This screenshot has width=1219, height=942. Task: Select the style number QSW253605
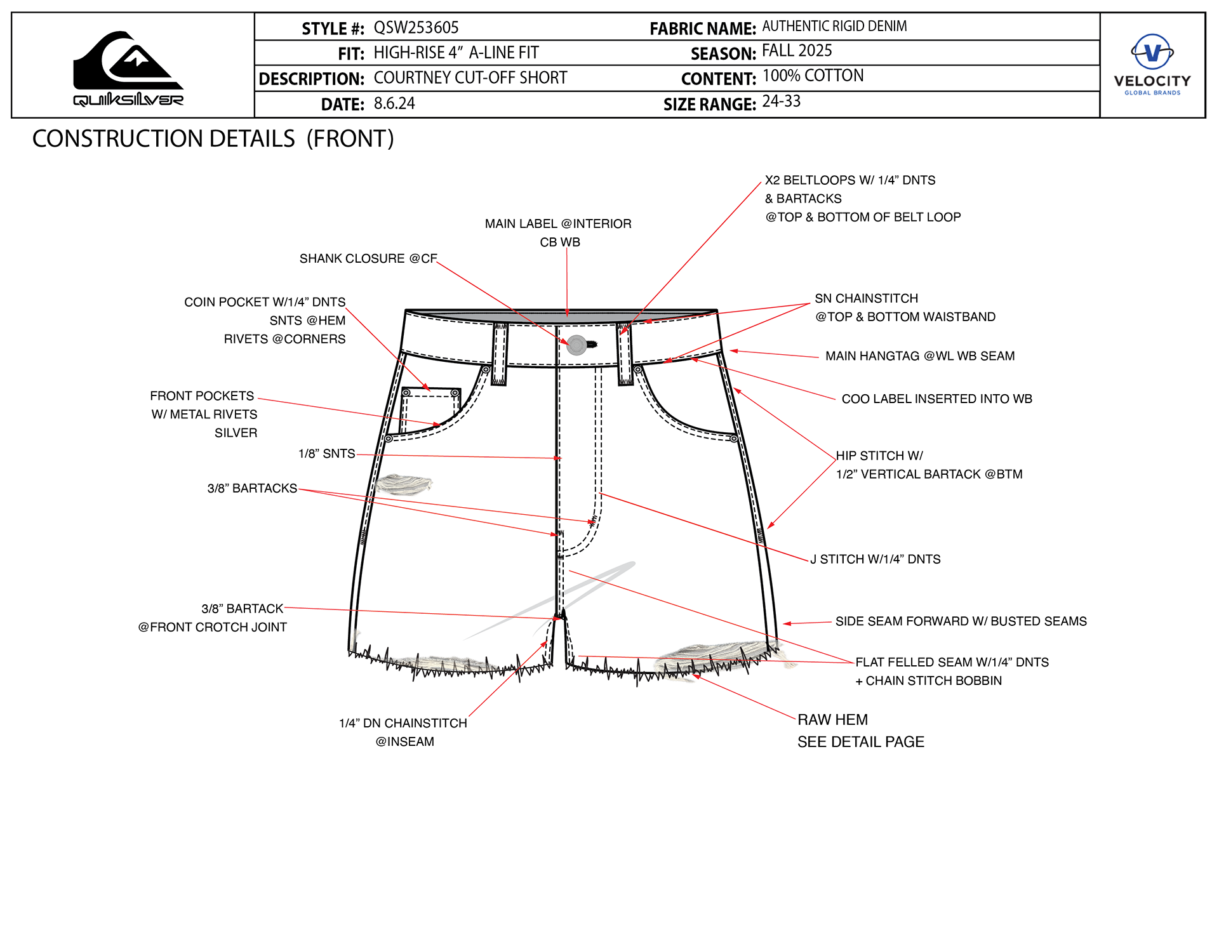tap(416, 28)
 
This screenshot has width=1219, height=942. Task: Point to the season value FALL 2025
tap(797, 51)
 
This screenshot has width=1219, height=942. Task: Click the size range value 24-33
tap(781, 102)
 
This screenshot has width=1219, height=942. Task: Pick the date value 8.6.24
tap(394, 103)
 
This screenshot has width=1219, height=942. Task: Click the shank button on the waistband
tap(576, 345)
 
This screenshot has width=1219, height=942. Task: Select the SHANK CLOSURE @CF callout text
tap(368, 259)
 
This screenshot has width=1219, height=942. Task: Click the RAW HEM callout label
tap(832, 720)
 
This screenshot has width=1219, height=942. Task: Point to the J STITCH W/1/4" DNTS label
tap(876, 559)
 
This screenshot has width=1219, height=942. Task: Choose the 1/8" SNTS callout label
tap(327, 454)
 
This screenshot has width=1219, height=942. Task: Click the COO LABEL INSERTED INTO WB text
tap(936, 399)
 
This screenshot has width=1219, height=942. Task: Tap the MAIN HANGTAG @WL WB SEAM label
tap(920, 356)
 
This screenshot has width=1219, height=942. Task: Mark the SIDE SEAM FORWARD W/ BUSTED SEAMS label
tap(961, 621)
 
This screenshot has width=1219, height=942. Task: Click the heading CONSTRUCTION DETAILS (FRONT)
tap(213, 139)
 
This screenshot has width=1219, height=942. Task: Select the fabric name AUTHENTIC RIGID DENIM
tap(834, 26)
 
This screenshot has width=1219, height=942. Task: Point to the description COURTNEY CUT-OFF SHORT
tap(470, 78)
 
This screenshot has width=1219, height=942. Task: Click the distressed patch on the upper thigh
tap(404, 484)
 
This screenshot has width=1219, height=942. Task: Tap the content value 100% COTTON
tap(813, 76)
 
